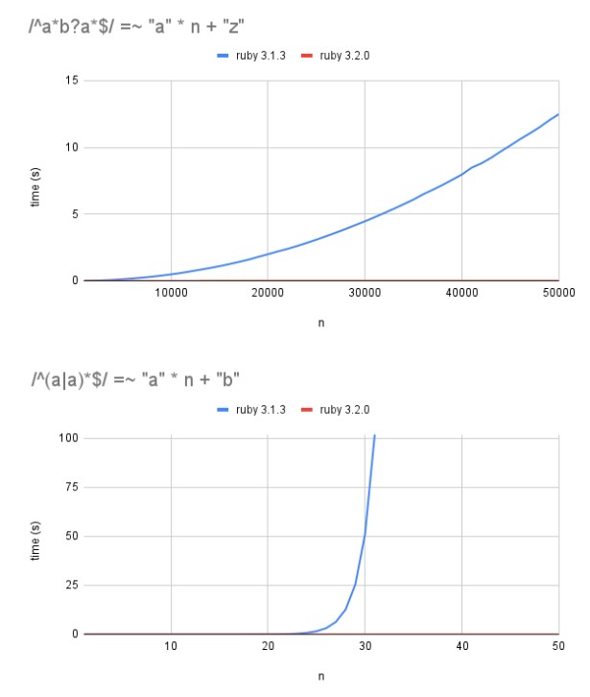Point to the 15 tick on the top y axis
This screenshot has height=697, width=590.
pos(72,81)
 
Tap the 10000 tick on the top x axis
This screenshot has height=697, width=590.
pos(171,293)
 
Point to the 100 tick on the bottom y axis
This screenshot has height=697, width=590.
pos(68,438)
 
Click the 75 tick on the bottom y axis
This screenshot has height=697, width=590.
pos(71,487)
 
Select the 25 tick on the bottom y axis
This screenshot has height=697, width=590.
pos(71,585)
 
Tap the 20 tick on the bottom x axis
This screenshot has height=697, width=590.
pos(268,646)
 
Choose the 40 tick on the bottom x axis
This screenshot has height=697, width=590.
pos(461,646)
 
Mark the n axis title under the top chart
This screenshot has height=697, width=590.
pos(321,324)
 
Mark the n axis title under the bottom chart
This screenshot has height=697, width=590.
pos(321,676)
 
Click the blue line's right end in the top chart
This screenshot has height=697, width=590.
pos(557,114)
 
